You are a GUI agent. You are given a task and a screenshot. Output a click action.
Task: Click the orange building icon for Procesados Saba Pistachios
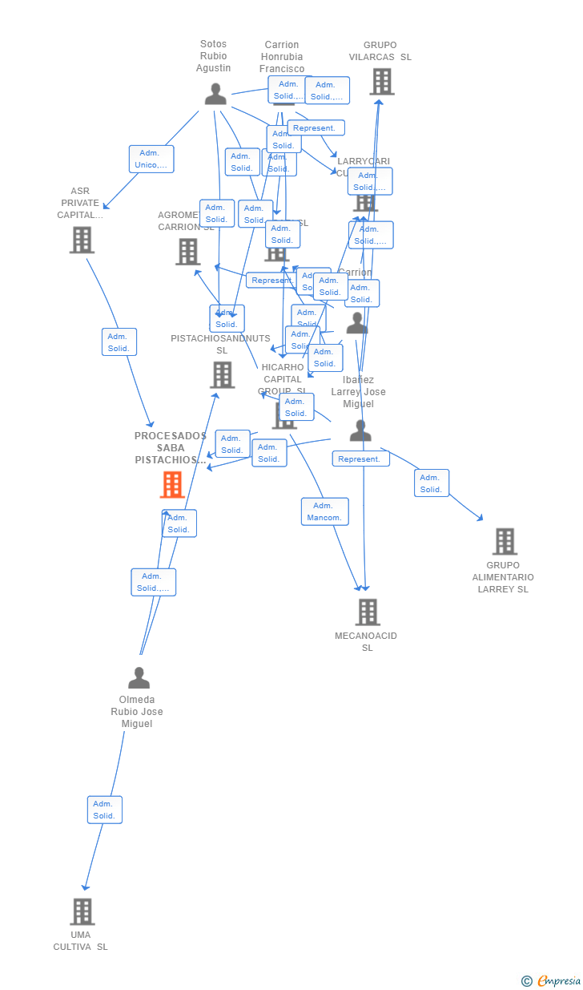click(x=172, y=485)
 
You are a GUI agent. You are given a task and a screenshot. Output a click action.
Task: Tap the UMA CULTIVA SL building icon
click(x=82, y=911)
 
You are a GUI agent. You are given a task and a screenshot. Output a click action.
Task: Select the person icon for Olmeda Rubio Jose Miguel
click(x=139, y=678)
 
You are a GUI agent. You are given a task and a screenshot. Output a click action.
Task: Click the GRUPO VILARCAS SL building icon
click(x=381, y=82)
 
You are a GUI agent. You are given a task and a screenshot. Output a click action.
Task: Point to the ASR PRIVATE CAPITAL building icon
click(x=82, y=240)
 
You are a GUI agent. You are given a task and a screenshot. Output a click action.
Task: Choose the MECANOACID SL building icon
click(x=367, y=612)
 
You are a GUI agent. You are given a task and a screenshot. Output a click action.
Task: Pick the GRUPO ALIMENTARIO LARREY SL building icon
click(x=504, y=542)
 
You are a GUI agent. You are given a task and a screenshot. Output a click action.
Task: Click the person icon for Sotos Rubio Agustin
click(x=215, y=95)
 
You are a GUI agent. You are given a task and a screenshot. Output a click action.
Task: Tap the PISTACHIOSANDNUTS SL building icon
click(x=222, y=374)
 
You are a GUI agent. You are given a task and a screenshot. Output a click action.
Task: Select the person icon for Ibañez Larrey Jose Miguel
click(x=360, y=431)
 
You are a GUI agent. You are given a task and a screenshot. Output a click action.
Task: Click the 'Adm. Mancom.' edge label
click(x=324, y=511)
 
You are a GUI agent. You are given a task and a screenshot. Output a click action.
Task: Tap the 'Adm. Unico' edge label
click(x=151, y=159)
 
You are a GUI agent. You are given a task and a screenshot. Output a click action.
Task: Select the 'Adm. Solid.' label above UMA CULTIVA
click(x=104, y=810)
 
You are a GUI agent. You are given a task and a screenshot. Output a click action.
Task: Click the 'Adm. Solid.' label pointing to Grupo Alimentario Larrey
click(x=431, y=483)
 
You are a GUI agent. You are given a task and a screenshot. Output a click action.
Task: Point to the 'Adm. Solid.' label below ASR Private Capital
click(x=119, y=342)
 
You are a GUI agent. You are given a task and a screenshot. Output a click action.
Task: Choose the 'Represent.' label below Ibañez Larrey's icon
click(x=360, y=459)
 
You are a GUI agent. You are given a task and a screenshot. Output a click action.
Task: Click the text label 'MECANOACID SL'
click(x=366, y=641)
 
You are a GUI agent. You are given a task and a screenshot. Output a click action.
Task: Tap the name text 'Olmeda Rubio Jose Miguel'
click(x=137, y=712)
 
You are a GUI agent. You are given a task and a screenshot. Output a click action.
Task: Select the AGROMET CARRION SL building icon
click(x=187, y=252)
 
